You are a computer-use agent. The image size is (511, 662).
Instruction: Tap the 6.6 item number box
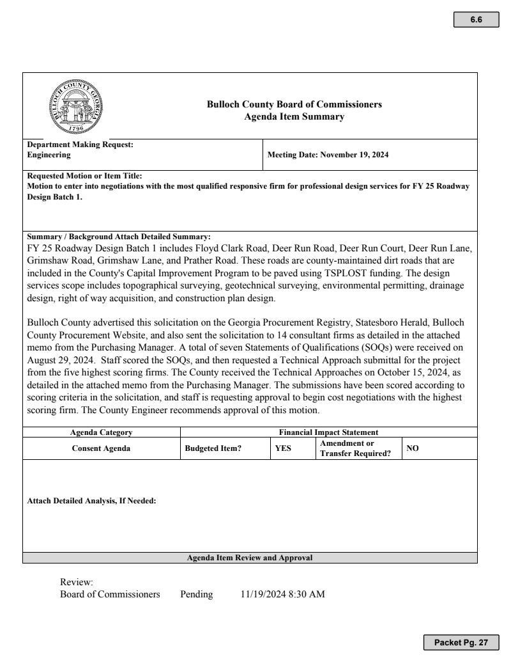tap(476, 19)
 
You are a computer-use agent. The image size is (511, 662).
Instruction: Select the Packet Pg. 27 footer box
tap(461, 642)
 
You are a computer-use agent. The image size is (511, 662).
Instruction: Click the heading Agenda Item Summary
tap(294, 116)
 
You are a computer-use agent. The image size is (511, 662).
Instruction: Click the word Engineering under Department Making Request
tap(49, 155)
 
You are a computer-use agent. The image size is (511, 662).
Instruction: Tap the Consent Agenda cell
tap(101, 448)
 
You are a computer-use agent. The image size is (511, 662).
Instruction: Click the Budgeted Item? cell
tap(213, 448)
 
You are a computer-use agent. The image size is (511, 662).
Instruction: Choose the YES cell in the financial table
tap(283, 448)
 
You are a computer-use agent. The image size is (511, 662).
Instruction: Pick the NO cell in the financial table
tap(413, 448)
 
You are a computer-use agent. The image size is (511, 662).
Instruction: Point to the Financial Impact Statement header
tap(329, 432)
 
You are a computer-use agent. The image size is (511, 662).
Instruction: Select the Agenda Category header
tap(101, 432)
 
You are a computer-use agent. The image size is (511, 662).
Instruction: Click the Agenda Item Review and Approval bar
tap(250, 558)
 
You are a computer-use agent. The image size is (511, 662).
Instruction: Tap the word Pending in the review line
tap(196, 594)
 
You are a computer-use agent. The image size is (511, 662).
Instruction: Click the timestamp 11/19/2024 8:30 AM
tap(282, 594)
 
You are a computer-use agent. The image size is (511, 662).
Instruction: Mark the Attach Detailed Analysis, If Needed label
tap(92, 501)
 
